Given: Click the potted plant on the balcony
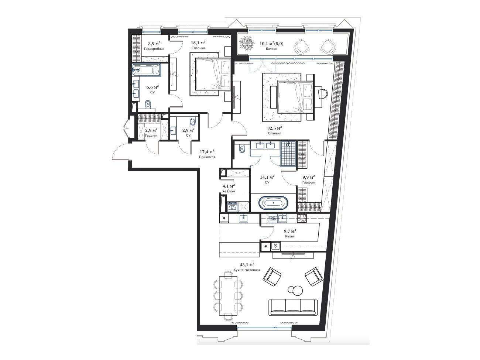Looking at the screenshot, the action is coord(247,44).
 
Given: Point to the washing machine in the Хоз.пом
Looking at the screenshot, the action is coord(232,207).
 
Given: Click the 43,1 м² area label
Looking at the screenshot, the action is coord(247,265).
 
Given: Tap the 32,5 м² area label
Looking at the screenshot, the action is coord(274,128).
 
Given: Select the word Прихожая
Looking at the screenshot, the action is coord(207,157).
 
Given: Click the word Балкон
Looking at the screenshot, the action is coord(271,49).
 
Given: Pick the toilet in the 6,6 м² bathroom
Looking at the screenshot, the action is coord(148,104).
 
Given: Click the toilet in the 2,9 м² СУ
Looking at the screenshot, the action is coord(193,121).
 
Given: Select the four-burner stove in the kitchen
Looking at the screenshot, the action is coord(302,218).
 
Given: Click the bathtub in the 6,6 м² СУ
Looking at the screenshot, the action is coord(147,70).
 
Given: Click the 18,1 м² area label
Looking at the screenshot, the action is coord(198,43).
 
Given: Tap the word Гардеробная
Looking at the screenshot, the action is coord(154,49).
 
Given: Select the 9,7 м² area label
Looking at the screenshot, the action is coord(290,231).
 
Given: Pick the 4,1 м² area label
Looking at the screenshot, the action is coord(229,186).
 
